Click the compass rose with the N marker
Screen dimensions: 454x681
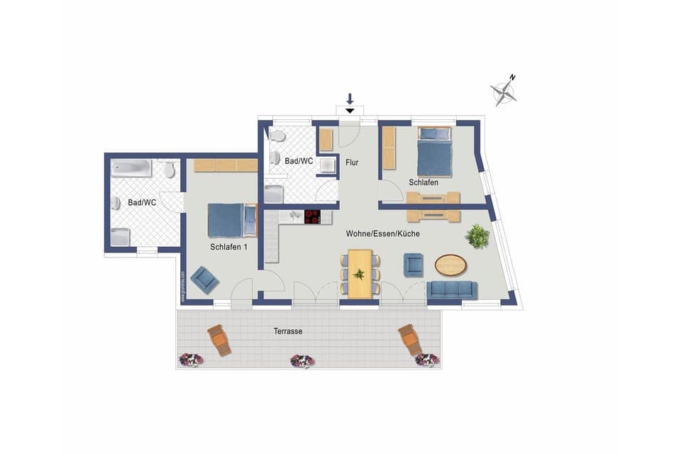[504, 91]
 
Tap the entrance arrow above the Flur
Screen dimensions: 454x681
[350, 104]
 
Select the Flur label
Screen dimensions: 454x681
[352, 162]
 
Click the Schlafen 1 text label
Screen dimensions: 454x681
[228, 247]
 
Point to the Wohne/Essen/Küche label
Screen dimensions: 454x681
[383, 233]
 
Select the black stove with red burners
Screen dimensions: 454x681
[313, 216]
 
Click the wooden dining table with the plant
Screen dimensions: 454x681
[360, 273]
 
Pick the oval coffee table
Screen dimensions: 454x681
[451, 265]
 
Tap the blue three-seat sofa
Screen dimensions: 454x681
[452, 289]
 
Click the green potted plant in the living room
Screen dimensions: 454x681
[477, 236]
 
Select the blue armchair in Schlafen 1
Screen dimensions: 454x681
[204, 279]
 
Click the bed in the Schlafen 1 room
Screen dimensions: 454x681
[231, 220]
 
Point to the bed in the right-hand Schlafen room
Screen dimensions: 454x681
[434, 152]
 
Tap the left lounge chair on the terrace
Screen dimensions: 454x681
[219, 340]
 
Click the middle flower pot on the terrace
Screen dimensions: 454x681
[302, 361]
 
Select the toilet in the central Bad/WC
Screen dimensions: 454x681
[277, 135]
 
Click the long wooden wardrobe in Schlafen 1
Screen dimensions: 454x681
[226, 165]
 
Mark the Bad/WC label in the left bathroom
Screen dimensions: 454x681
[142, 203]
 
